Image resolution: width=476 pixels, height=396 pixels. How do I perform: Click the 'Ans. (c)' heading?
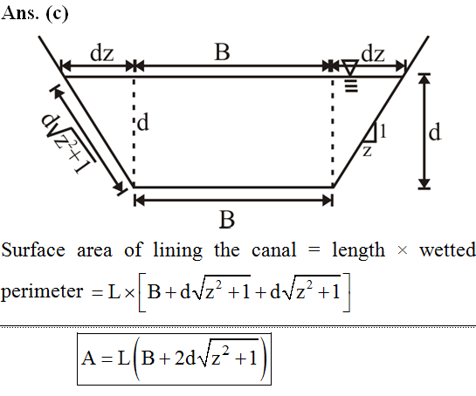tap(35, 14)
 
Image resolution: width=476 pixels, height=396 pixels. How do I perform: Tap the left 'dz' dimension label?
tap(102, 53)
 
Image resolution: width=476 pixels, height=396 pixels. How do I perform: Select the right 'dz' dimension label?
tap(373, 54)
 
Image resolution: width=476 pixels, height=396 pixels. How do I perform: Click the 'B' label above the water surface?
tap(222, 51)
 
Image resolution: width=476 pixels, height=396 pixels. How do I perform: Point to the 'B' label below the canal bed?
tap(227, 220)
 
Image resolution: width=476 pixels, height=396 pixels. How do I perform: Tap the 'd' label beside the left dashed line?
tap(143, 123)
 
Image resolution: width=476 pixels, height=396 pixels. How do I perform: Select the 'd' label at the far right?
tap(435, 133)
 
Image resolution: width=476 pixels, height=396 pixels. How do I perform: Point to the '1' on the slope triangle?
tap(383, 132)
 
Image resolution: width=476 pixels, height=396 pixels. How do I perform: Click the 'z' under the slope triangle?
tap(368, 151)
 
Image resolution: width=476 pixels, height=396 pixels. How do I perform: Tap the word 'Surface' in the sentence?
tap(33, 250)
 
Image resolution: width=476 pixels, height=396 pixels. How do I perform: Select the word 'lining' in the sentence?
tap(177, 251)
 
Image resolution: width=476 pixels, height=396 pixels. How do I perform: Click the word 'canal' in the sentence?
tap(274, 250)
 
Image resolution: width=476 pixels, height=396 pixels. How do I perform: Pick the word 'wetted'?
tap(447, 250)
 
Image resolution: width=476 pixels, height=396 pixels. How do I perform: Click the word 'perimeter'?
tap(42, 292)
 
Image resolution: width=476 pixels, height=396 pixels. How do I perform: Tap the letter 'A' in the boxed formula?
tap(88, 358)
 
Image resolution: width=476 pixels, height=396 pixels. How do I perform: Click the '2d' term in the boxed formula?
tap(185, 358)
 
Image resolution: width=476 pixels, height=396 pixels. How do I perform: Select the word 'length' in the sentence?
tap(358, 251)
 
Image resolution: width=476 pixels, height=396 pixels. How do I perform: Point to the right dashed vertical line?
tap(333, 132)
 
